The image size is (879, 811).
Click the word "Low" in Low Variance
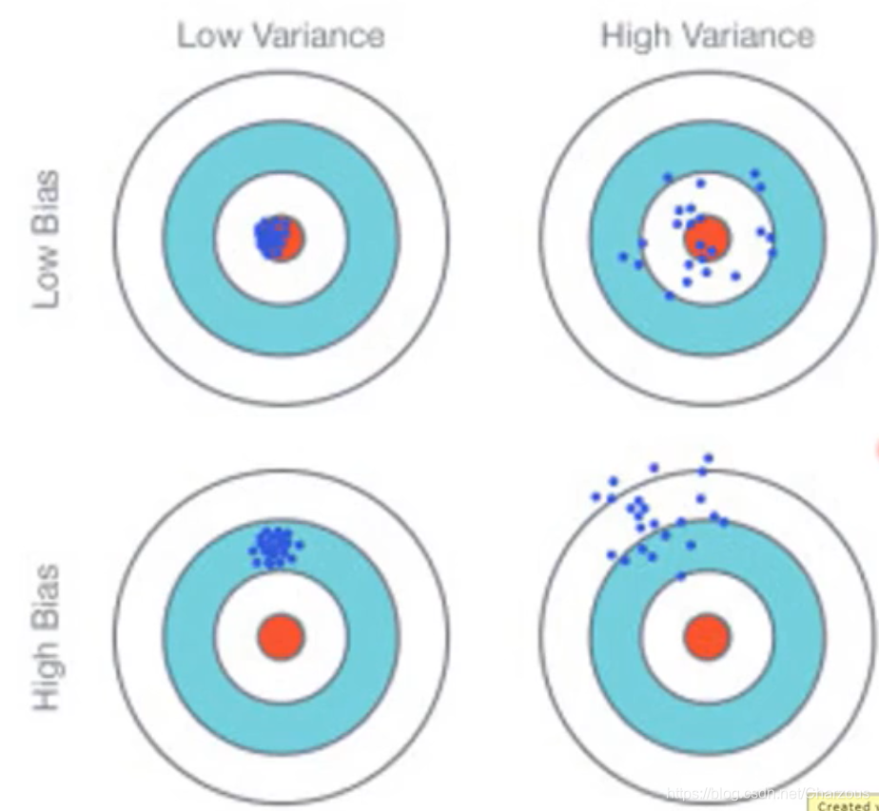pyautogui.click(x=204, y=37)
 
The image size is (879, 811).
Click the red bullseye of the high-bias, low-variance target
pyautogui.click(x=281, y=636)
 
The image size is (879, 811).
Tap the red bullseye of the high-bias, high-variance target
pyautogui.click(x=707, y=636)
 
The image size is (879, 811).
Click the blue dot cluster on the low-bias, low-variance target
pyautogui.click(x=273, y=237)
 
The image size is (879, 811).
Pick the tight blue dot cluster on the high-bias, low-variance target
pyautogui.click(x=274, y=548)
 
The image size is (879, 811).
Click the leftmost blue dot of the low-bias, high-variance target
pyautogui.click(x=623, y=257)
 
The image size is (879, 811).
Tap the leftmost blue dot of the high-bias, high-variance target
pyautogui.click(x=596, y=496)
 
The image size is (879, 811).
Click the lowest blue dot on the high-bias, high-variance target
pyautogui.click(x=681, y=576)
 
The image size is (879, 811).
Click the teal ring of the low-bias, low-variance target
pyautogui.click(x=190, y=238)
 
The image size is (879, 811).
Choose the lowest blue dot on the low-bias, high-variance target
pyautogui.click(x=670, y=296)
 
